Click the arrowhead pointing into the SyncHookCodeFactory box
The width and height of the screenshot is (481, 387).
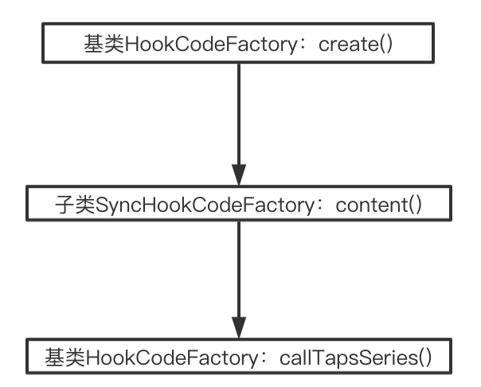click(x=239, y=175)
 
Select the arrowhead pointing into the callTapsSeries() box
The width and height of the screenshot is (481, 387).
click(x=239, y=326)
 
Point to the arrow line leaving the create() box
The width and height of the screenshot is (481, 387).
click(x=239, y=111)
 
